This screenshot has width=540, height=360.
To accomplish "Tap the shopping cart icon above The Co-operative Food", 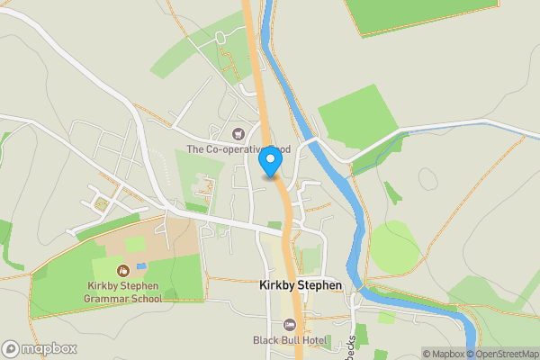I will coord(238,134).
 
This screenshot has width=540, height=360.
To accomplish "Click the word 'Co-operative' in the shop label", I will coord(230,148).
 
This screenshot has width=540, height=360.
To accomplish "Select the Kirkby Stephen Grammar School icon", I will coord(122,270).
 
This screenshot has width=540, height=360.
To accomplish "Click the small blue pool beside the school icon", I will coord(142,268).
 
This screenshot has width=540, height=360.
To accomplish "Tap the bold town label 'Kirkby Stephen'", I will coord(301,285).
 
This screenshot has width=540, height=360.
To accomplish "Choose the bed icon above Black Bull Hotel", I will coord(289,323).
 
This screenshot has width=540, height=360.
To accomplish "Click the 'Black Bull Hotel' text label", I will coord(288,339).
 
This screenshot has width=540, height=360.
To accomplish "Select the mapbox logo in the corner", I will coord(40,348).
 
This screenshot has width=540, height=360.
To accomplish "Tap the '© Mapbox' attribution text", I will coord(442,354).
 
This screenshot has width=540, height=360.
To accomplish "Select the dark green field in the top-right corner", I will coord(418,13).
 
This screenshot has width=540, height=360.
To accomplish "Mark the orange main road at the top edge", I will coord(249,7).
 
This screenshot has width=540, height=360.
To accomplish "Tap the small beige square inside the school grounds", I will coord(135,244).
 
